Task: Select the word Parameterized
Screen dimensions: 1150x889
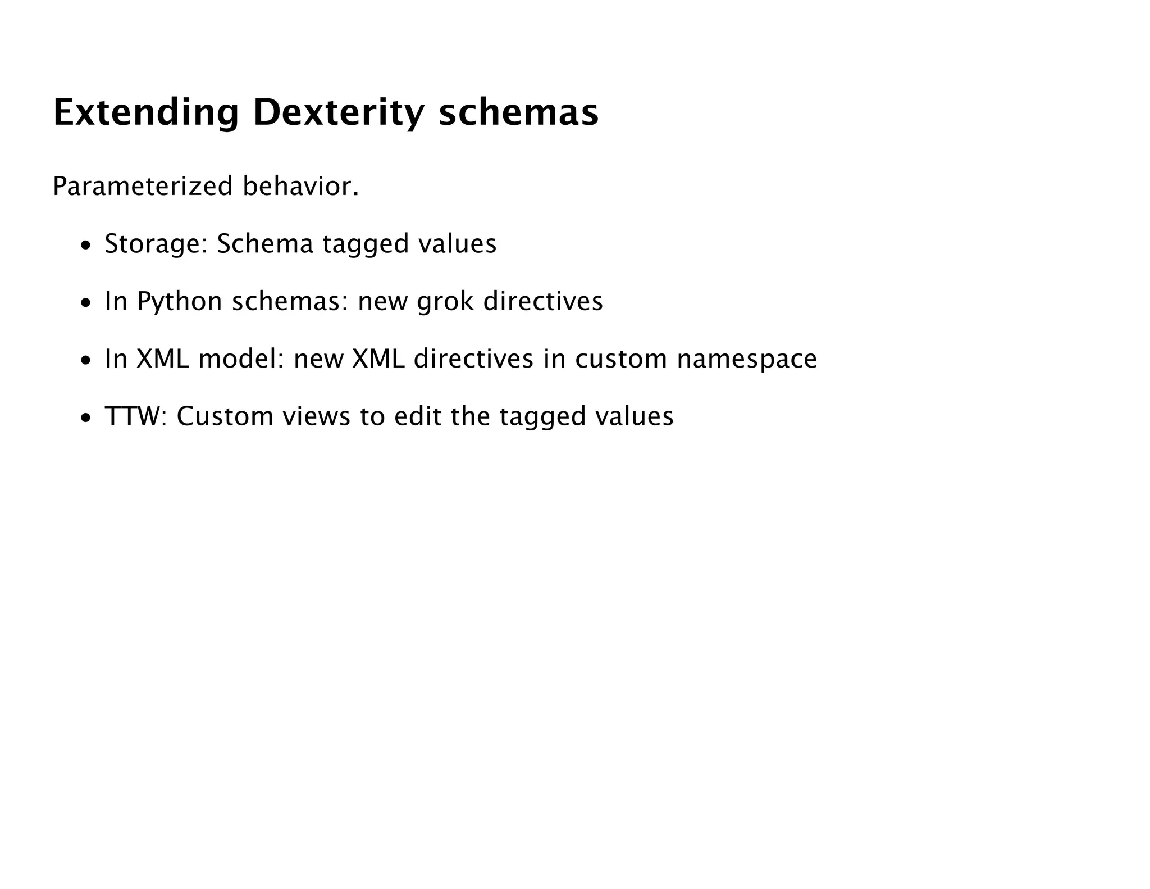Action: coord(142,187)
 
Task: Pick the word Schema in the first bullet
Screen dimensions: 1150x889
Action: coord(264,244)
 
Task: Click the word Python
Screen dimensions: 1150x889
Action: coord(180,302)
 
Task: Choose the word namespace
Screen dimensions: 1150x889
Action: coord(747,359)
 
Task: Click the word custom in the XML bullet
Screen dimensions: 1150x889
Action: coord(620,359)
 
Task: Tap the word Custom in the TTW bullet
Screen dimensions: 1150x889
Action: coord(225,417)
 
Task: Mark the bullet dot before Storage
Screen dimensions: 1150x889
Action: coord(85,246)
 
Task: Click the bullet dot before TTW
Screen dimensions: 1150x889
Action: coord(85,418)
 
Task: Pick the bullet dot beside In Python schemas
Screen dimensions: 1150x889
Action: coord(85,303)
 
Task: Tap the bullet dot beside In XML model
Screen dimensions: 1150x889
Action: coord(85,361)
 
